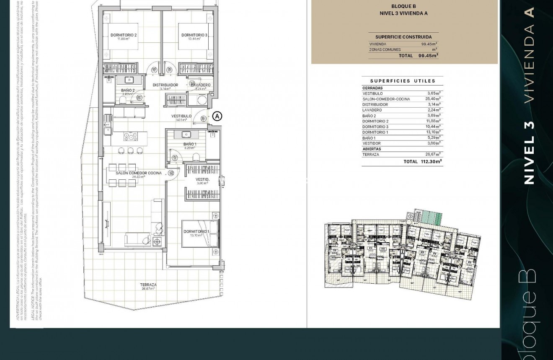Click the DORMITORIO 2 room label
click(x=124, y=35)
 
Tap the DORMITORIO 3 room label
click(x=194, y=35)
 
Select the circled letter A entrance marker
click(x=217, y=116)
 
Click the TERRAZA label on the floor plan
click(x=148, y=285)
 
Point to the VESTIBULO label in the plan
click(x=181, y=116)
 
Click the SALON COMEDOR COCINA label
click(x=138, y=173)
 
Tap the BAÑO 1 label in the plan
click(x=190, y=144)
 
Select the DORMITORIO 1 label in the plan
click(x=196, y=231)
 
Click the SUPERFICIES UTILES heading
click(x=403, y=81)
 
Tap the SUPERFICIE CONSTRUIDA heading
click(x=403, y=37)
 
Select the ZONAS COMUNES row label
click(x=385, y=49)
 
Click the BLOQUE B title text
click(x=403, y=6)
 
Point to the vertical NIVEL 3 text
click(x=530, y=153)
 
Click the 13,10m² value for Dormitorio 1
click(x=433, y=132)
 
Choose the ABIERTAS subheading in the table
click(x=372, y=149)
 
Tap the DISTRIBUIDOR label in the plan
click(x=165, y=85)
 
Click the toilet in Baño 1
click(x=196, y=157)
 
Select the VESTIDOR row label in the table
click(x=371, y=143)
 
